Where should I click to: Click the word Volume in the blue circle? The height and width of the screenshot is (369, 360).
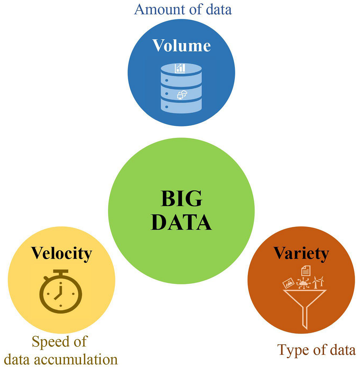pyautogui.click(x=181, y=46)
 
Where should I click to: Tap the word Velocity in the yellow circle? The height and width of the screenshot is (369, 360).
pyautogui.click(x=61, y=253)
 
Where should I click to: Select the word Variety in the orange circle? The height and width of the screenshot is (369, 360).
pyautogui.click(x=301, y=253)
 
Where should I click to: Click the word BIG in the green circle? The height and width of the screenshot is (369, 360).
pyautogui.click(x=181, y=198)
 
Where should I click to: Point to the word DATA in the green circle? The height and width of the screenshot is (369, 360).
pyautogui.click(x=181, y=222)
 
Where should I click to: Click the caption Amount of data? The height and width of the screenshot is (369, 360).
pyautogui.click(x=183, y=9)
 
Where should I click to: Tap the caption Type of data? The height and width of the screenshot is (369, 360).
pyautogui.click(x=316, y=350)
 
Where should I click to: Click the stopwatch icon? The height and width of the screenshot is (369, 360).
pyautogui.click(x=61, y=292)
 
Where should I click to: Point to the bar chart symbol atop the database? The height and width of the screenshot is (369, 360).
pyautogui.click(x=180, y=68)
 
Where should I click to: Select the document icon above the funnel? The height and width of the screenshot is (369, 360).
pyautogui.click(x=306, y=271)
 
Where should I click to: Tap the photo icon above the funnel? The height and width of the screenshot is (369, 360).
pyautogui.click(x=289, y=283)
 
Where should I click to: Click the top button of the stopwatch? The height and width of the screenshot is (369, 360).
pyautogui.click(x=61, y=272)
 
